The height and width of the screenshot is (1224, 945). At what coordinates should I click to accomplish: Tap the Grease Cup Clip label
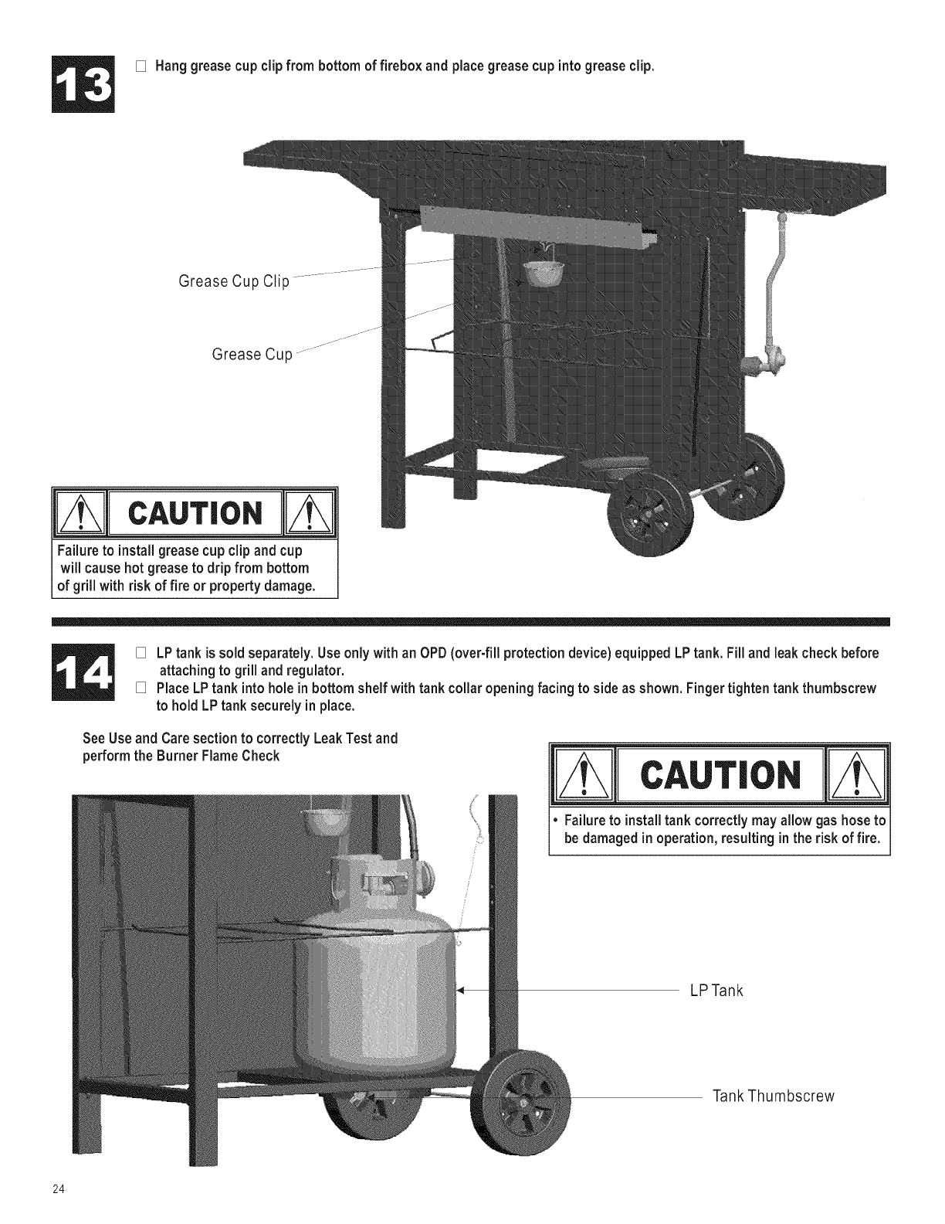(x=233, y=281)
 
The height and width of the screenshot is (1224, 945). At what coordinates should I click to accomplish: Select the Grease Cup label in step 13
(x=252, y=355)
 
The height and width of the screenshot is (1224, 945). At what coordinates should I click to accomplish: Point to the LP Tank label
(x=716, y=991)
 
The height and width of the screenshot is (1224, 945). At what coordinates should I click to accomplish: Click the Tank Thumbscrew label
(x=774, y=1096)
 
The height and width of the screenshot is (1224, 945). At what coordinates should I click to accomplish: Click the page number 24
(x=58, y=1188)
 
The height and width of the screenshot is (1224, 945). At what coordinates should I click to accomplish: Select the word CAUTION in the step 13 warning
(x=195, y=512)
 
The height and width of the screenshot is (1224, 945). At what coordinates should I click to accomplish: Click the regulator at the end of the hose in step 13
(x=765, y=361)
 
